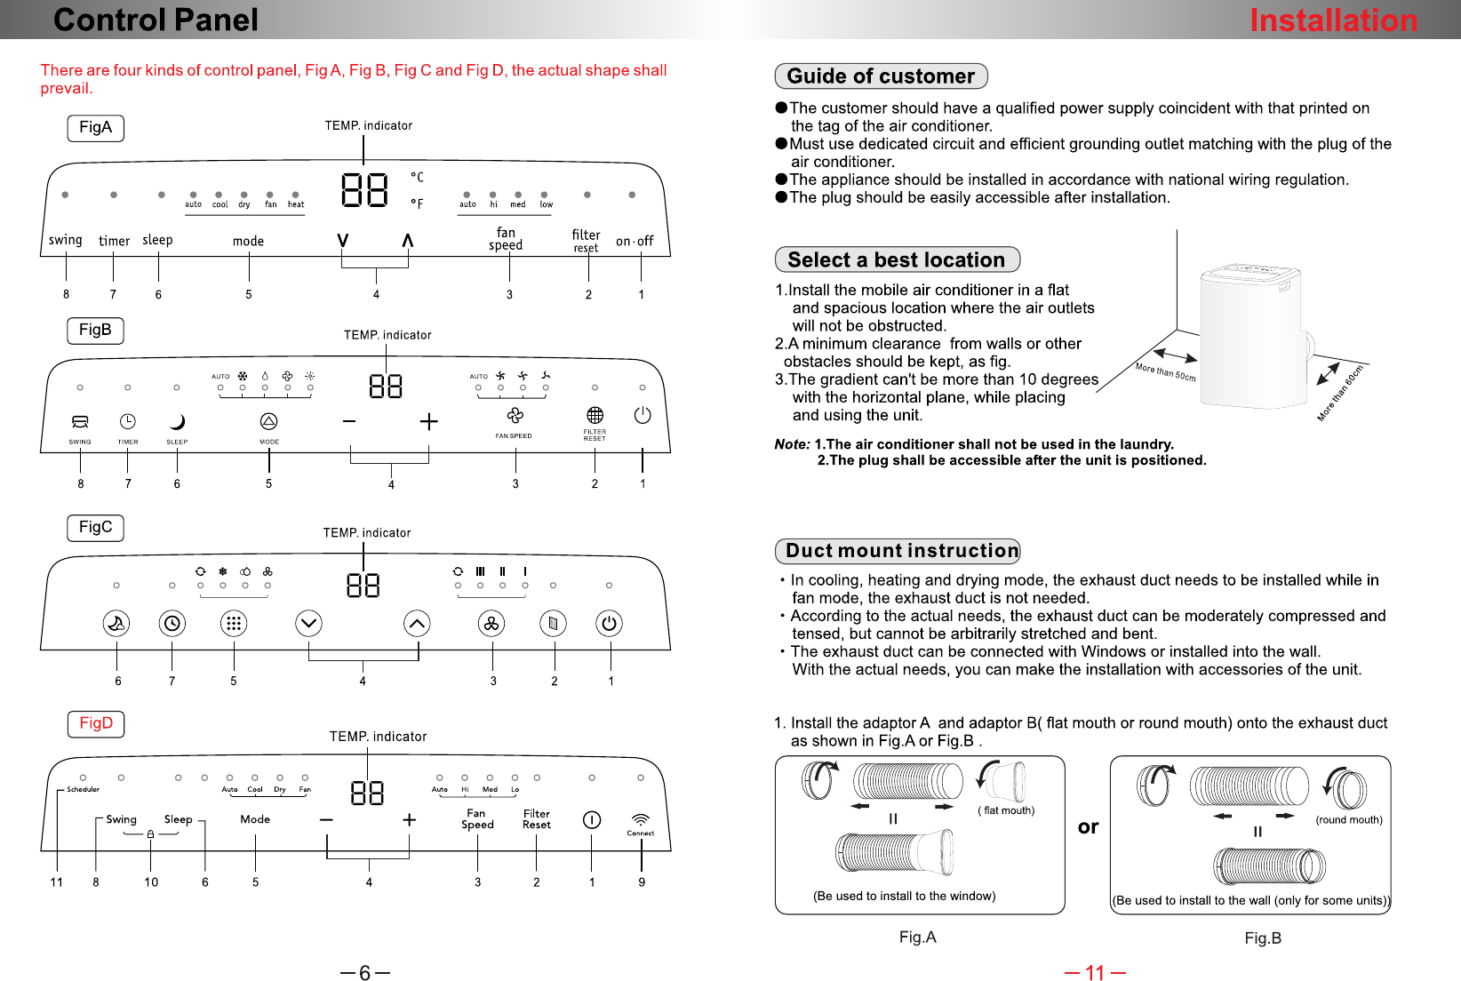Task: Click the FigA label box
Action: coord(95,128)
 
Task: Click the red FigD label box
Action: coord(96,723)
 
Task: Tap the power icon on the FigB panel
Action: coord(643,415)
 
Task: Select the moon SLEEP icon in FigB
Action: coord(177,422)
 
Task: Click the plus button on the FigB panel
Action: coord(428,421)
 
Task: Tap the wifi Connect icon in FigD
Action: coord(641,819)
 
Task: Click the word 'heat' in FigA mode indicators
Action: coord(295,204)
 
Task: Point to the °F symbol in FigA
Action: coord(418,203)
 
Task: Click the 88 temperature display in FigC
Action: coord(363,585)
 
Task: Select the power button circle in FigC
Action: coord(609,624)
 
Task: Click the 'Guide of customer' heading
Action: coord(881,76)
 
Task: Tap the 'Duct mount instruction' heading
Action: coord(898,551)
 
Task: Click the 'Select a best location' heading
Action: coord(897,259)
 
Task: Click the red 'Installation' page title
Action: coord(1333,20)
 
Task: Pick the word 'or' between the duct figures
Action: coord(1088,827)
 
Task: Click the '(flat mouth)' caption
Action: coord(1006,810)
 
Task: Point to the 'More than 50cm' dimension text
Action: coord(1166,371)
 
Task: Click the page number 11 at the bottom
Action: coord(1095,972)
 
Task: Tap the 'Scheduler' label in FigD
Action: coord(83,789)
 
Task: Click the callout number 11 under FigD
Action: coord(57,881)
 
